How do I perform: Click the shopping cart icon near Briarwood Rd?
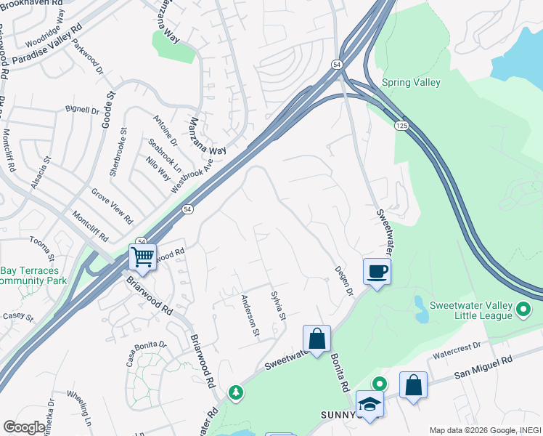(x=142, y=256)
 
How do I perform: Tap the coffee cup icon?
(x=376, y=272)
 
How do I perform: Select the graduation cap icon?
(x=370, y=404)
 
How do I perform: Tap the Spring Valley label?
(x=411, y=83)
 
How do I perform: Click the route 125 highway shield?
(x=401, y=126)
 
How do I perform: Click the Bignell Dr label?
(x=82, y=111)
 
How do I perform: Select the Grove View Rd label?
(x=112, y=206)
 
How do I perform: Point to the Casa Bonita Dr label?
(x=146, y=353)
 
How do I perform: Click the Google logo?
(x=24, y=427)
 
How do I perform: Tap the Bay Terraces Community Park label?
(x=33, y=275)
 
